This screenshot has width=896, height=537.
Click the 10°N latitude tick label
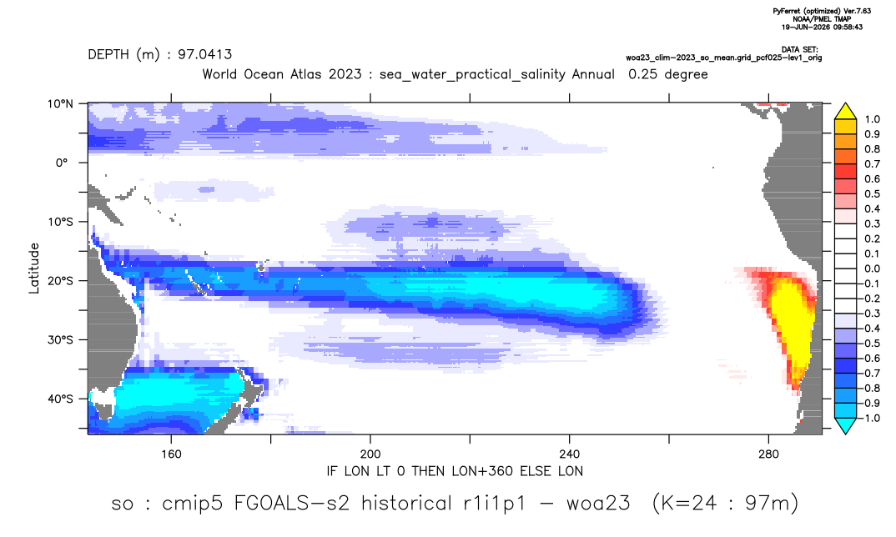point(60,104)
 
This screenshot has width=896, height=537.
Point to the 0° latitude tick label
point(62,163)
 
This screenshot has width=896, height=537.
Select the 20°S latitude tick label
point(60,281)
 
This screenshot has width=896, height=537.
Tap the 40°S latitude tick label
point(60,399)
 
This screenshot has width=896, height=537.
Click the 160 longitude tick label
point(171,454)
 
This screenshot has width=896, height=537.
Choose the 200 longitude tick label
point(370,454)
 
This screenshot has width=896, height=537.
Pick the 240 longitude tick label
point(569,454)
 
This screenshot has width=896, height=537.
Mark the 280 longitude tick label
point(768,454)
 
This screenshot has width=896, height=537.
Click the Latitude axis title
point(34,268)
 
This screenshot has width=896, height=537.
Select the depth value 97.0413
point(204,55)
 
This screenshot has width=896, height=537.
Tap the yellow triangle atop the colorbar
point(845,111)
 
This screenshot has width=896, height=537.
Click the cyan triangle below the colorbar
point(845,426)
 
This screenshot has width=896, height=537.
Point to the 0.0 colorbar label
point(872,268)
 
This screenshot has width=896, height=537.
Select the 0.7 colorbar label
point(872,164)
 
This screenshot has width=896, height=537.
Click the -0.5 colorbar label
point(869,344)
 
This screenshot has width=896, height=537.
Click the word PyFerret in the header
point(788,11)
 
